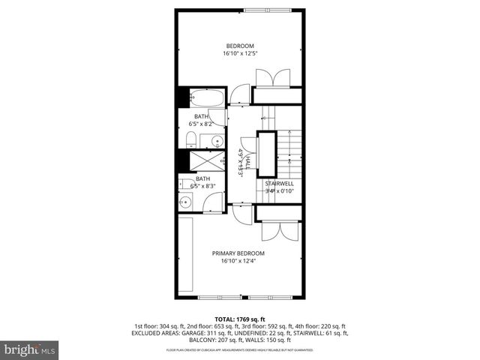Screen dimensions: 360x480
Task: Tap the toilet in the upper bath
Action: point(190,138)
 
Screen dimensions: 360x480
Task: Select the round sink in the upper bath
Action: point(216,140)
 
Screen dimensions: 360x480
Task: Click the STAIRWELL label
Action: point(278,183)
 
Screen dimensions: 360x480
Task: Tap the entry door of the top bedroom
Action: point(239,94)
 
